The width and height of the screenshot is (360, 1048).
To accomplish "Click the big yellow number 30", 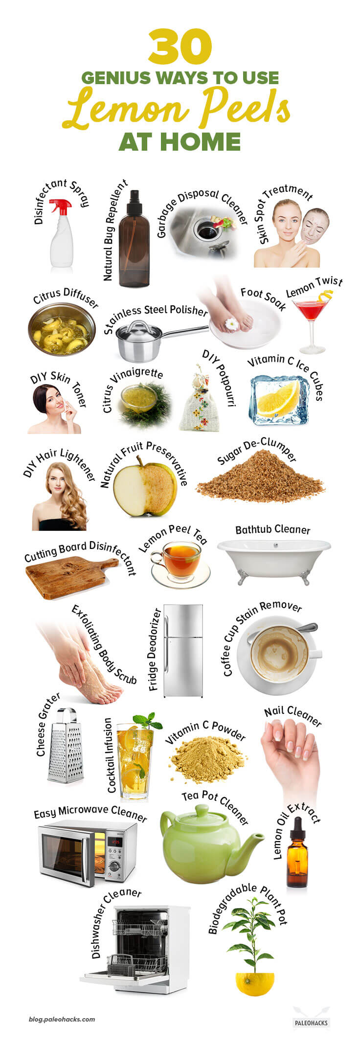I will tap(180, 47).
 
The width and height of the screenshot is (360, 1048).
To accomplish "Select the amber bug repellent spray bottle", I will tap(134, 245).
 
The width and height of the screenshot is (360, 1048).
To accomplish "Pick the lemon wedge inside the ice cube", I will tap(279, 399).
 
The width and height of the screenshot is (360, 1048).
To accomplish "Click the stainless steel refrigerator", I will tap(183, 650).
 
